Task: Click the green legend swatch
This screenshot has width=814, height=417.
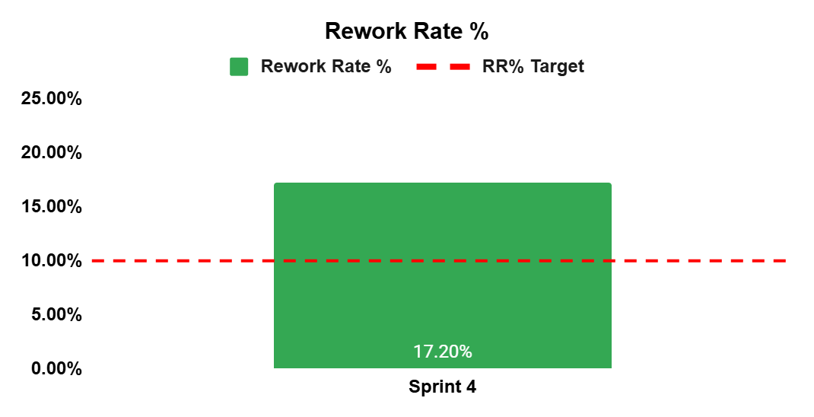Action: [x=239, y=66]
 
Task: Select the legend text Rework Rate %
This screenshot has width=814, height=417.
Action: [x=326, y=66]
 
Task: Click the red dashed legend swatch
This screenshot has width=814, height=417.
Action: [x=444, y=66]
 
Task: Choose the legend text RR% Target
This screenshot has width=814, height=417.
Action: [x=533, y=67]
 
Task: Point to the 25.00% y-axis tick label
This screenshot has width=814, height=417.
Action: [x=52, y=99]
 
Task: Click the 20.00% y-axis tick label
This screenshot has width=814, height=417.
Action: [x=52, y=153]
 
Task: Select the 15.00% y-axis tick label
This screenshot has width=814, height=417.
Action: [x=52, y=207]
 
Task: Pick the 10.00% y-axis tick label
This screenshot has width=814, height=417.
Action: [x=52, y=261]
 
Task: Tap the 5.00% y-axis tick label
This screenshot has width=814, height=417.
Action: [x=56, y=315]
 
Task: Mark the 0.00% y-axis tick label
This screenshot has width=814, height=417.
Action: [x=56, y=369]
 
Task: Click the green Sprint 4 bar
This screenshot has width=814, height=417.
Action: [x=443, y=275]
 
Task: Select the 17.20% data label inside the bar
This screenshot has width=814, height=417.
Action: [x=443, y=352]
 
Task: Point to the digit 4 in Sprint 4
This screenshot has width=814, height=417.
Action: [x=471, y=387]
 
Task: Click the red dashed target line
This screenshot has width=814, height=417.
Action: [x=439, y=261]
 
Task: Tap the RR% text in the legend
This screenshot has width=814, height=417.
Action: [x=504, y=66]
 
